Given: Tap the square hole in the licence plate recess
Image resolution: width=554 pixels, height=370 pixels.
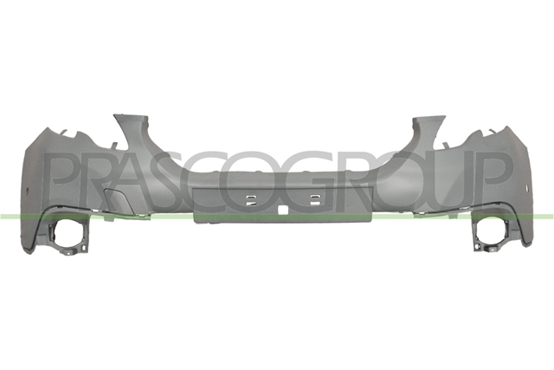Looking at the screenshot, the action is click(x=283, y=210).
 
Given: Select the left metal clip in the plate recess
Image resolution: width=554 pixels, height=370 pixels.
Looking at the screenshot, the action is click(x=251, y=200).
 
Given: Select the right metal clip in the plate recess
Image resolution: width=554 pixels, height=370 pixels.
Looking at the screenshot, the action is click(x=314, y=200).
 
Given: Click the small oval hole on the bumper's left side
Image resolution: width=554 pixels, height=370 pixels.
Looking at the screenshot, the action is click(x=28, y=186).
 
